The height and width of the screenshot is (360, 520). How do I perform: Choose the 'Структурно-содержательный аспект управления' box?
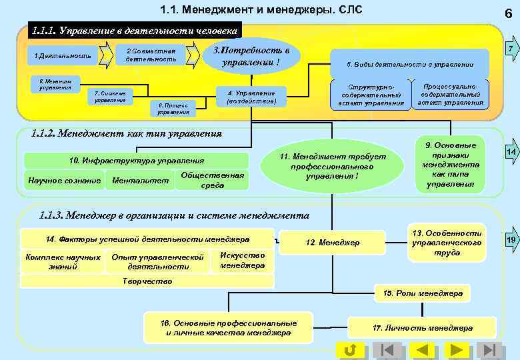tap(368, 95)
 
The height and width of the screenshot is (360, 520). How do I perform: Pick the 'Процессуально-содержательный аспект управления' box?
tap(450, 94)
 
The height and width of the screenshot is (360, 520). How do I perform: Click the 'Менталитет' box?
tap(140, 180)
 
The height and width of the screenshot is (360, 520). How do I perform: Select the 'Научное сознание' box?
tap(65, 180)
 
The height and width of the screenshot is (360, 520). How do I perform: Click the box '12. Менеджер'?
tap(331, 243)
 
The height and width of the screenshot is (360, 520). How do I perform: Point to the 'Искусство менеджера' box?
tap(242, 260)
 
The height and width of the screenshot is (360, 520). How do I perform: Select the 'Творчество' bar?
tap(148, 281)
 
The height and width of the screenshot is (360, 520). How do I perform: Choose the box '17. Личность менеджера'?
tap(423, 327)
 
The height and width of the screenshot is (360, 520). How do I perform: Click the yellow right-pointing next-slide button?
tap(456, 349)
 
